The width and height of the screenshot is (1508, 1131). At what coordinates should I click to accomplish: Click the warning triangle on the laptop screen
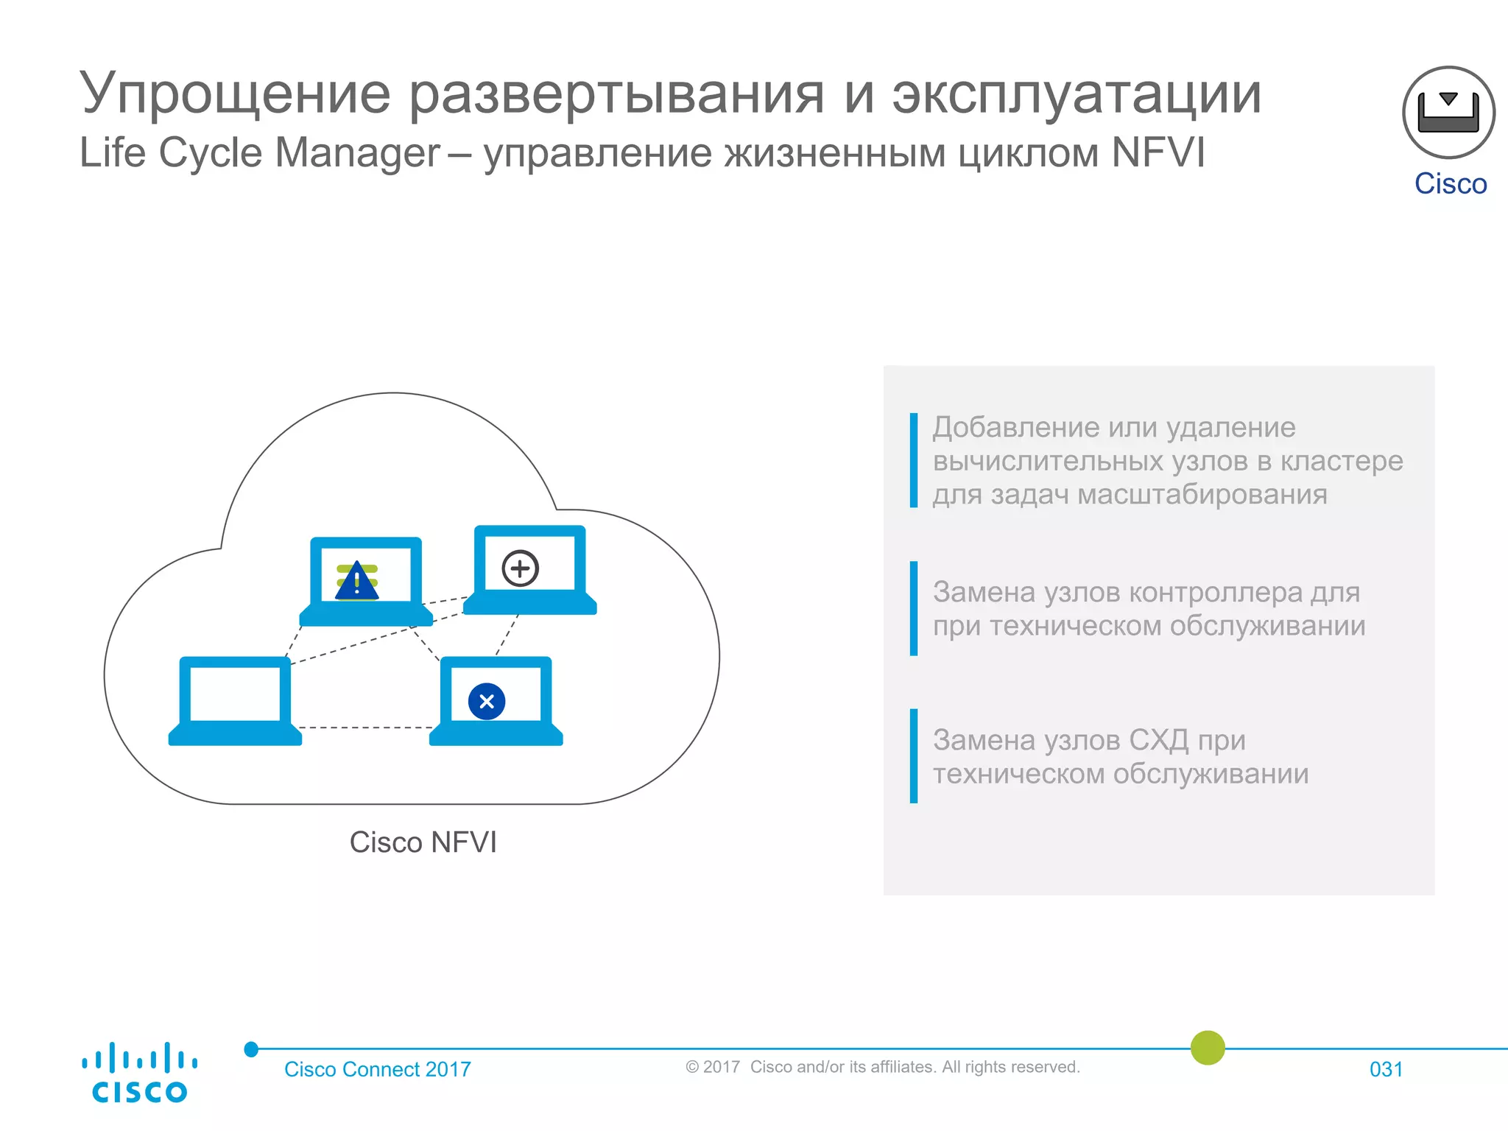coord(357,582)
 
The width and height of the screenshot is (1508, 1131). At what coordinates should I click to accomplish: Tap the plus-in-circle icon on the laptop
coord(521,568)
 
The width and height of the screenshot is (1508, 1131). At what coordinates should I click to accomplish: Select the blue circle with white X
coord(487,701)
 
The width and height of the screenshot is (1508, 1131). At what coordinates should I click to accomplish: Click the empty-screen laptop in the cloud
coord(235,700)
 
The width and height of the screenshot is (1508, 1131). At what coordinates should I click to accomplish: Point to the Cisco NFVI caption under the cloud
coord(423,842)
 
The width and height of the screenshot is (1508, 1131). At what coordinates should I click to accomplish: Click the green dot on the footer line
coord(1208,1048)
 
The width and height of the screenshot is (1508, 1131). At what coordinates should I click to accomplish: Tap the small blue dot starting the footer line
coord(251,1049)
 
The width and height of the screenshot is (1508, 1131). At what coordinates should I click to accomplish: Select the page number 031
coord(1386,1069)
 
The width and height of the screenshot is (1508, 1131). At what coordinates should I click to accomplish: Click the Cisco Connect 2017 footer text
coord(377,1069)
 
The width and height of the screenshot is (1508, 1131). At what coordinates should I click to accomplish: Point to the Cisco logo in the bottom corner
coord(139,1073)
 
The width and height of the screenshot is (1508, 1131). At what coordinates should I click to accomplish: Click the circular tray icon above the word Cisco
coord(1448,113)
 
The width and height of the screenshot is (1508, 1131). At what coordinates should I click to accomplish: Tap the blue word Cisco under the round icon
coord(1451,184)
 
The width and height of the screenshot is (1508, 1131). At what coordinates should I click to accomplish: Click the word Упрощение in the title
coord(235,95)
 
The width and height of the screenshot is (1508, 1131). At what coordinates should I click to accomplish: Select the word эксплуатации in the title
coord(1077,95)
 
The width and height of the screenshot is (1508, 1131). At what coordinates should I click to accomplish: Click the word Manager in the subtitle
coord(357,153)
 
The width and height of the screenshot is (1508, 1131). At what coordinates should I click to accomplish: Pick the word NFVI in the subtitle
coord(1158,153)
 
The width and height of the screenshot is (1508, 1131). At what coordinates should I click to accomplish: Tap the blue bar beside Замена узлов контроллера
coord(914,608)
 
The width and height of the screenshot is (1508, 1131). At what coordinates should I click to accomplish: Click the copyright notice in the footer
coord(882,1067)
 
